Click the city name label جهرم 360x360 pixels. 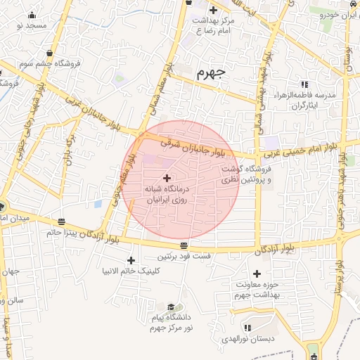pos(210,72)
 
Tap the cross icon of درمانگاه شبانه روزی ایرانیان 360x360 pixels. pos(167,177)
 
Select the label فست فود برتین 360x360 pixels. pos(184,257)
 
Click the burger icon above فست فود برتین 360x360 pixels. pos(184,245)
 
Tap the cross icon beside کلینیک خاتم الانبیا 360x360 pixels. pos(131,261)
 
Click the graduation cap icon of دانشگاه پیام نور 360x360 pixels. pos(171,307)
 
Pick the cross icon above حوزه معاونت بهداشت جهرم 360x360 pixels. pos(257,274)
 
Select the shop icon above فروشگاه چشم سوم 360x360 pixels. pos(49,53)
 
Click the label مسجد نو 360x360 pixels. pos(29,25)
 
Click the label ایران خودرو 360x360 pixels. pos(340,14)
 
